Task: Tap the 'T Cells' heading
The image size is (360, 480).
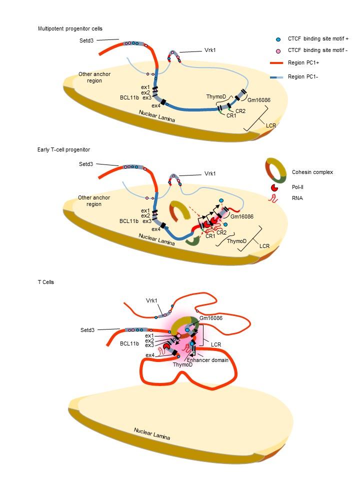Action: (45, 282)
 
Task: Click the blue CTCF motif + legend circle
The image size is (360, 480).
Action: (278, 38)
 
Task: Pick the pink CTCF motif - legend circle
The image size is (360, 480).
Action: (278, 51)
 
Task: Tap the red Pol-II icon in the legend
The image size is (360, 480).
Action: (274, 187)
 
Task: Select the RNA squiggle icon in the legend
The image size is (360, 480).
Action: (274, 198)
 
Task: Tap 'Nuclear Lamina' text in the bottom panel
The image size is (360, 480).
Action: (151, 433)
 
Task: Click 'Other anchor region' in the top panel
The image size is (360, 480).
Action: (94, 77)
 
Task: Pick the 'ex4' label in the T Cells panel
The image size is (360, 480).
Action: (149, 355)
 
